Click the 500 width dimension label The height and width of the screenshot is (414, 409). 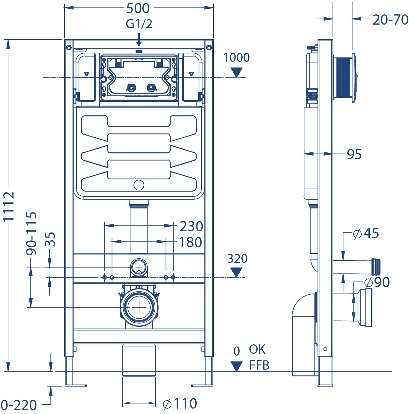[138, 8]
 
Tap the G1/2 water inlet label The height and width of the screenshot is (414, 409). [139, 24]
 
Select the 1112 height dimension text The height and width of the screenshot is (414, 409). [9, 206]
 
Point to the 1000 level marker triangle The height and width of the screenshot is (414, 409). [237, 72]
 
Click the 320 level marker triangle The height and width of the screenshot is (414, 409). [237, 272]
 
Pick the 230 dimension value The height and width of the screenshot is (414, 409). [191, 226]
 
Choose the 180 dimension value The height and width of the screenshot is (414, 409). [191, 242]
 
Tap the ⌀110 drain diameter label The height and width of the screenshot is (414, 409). [180, 404]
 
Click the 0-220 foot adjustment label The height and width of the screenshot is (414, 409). [19, 405]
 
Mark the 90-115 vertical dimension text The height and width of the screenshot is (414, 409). [31, 233]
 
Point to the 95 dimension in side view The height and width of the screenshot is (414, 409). [354, 154]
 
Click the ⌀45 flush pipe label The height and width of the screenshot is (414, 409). [366, 233]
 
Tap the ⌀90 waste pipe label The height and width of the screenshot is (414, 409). [377, 282]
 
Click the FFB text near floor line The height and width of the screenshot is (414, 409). [259, 365]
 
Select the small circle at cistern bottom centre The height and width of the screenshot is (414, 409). [139, 185]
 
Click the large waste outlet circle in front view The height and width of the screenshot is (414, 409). [139, 307]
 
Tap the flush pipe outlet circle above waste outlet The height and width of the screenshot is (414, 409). [139, 266]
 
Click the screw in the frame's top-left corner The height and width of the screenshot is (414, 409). [69, 47]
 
